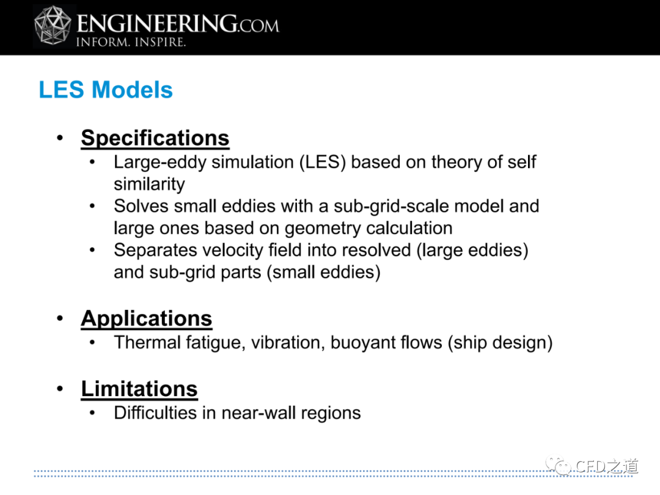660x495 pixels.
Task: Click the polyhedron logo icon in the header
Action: tap(53, 25)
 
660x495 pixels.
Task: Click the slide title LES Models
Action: tap(106, 90)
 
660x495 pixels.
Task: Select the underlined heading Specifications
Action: tap(155, 138)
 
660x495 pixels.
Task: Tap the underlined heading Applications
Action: tap(147, 318)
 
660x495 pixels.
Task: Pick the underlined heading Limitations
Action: tap(139, 389)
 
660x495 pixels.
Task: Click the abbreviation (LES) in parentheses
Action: tap(323, 162)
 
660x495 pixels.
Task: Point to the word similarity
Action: tap(150, 185)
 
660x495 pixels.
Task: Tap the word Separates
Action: tap(155, 251)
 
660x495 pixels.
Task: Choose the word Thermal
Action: tap(147, 343)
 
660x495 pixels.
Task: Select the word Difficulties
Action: tap(155, 413)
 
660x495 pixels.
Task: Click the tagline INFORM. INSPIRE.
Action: tap(131, 42)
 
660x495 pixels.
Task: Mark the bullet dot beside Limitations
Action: tap(60, 389)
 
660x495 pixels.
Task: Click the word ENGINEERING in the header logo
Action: tap(156, 23)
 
